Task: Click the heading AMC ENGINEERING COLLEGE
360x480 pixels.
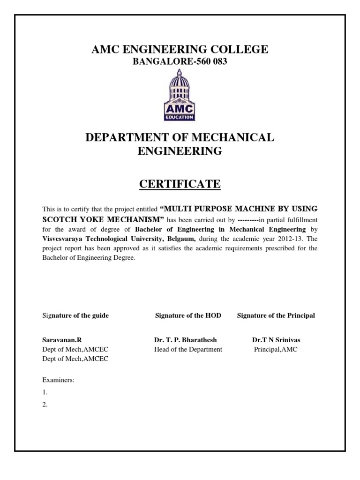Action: pyautogui.click(x=180, y=50)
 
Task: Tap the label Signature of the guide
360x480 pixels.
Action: pyautogui.click(x=75, y=315)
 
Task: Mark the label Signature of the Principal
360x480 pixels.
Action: pyautogui.click(x=276, y=315)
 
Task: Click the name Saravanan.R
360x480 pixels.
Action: pyautogui.click(x=59, y=340)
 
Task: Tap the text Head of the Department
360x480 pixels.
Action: pyautogui.click(x=188, y=349)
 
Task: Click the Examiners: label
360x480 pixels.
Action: pyautogui.click(x=58, y=380)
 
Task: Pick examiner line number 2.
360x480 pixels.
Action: pyautogui.click(x=45, y=405)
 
